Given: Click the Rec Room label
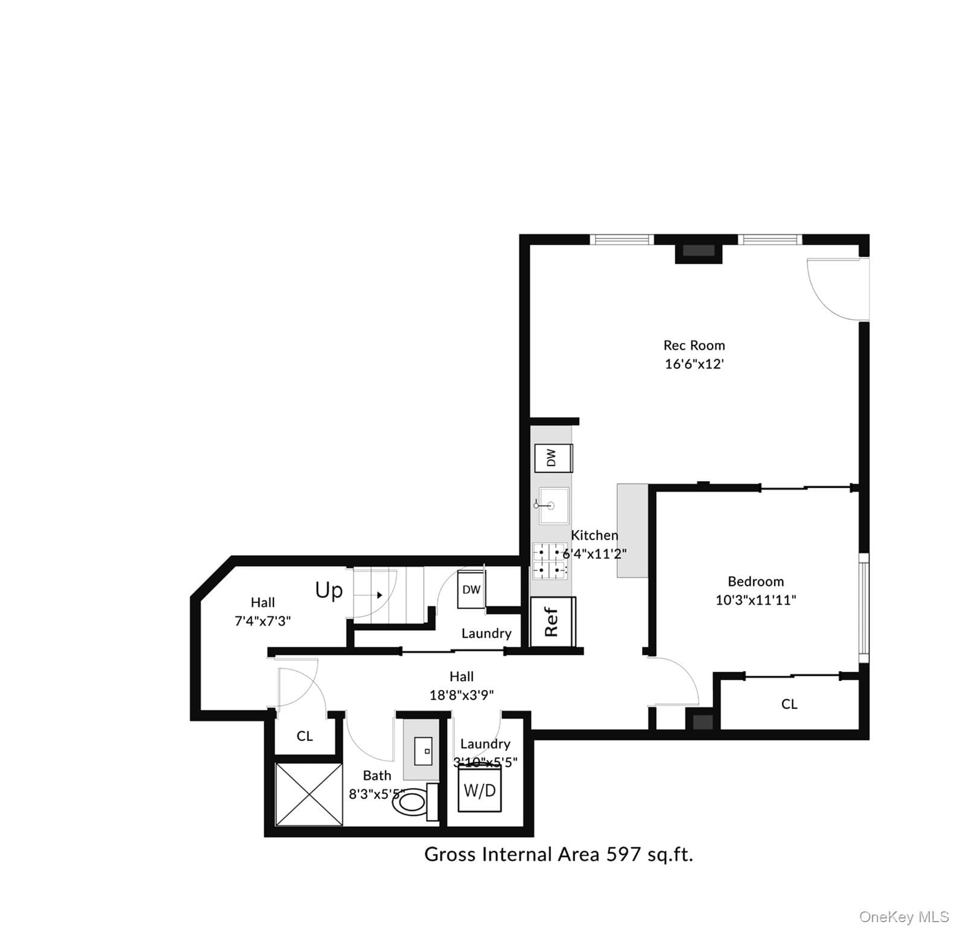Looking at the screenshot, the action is [694, 345].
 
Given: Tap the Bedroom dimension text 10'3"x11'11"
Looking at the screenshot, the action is [755, 600].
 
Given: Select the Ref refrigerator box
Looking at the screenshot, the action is [552, 622].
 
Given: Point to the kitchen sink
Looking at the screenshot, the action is [553, 506].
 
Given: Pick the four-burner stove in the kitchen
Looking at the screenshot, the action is [550, 561].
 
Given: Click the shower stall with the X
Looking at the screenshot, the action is [309, 794].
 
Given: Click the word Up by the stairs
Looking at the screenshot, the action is [329, 590].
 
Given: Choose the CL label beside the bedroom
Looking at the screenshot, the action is [789, 704].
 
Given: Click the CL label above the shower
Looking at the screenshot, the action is [305, 736].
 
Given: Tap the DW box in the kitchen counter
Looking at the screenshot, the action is [553, 458].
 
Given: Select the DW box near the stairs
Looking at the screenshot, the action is [471, 589].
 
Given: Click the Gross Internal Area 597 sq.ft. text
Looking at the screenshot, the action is [559, 855].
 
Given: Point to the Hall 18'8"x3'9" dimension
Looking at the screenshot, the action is [462, 695].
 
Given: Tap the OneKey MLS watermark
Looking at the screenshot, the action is [904, 917].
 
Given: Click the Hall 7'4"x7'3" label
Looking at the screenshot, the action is [262, 611].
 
